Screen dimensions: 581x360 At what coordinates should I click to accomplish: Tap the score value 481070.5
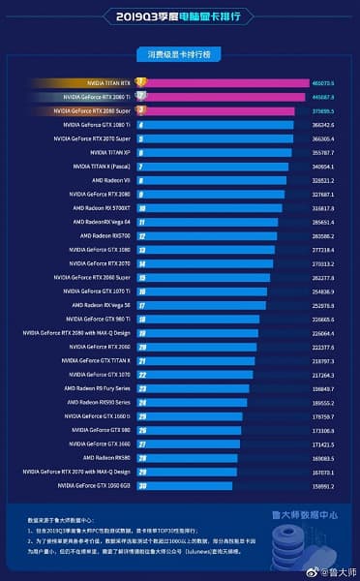click(x=325, y=83)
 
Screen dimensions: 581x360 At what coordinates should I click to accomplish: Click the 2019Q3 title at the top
click(x=179, y=16)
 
